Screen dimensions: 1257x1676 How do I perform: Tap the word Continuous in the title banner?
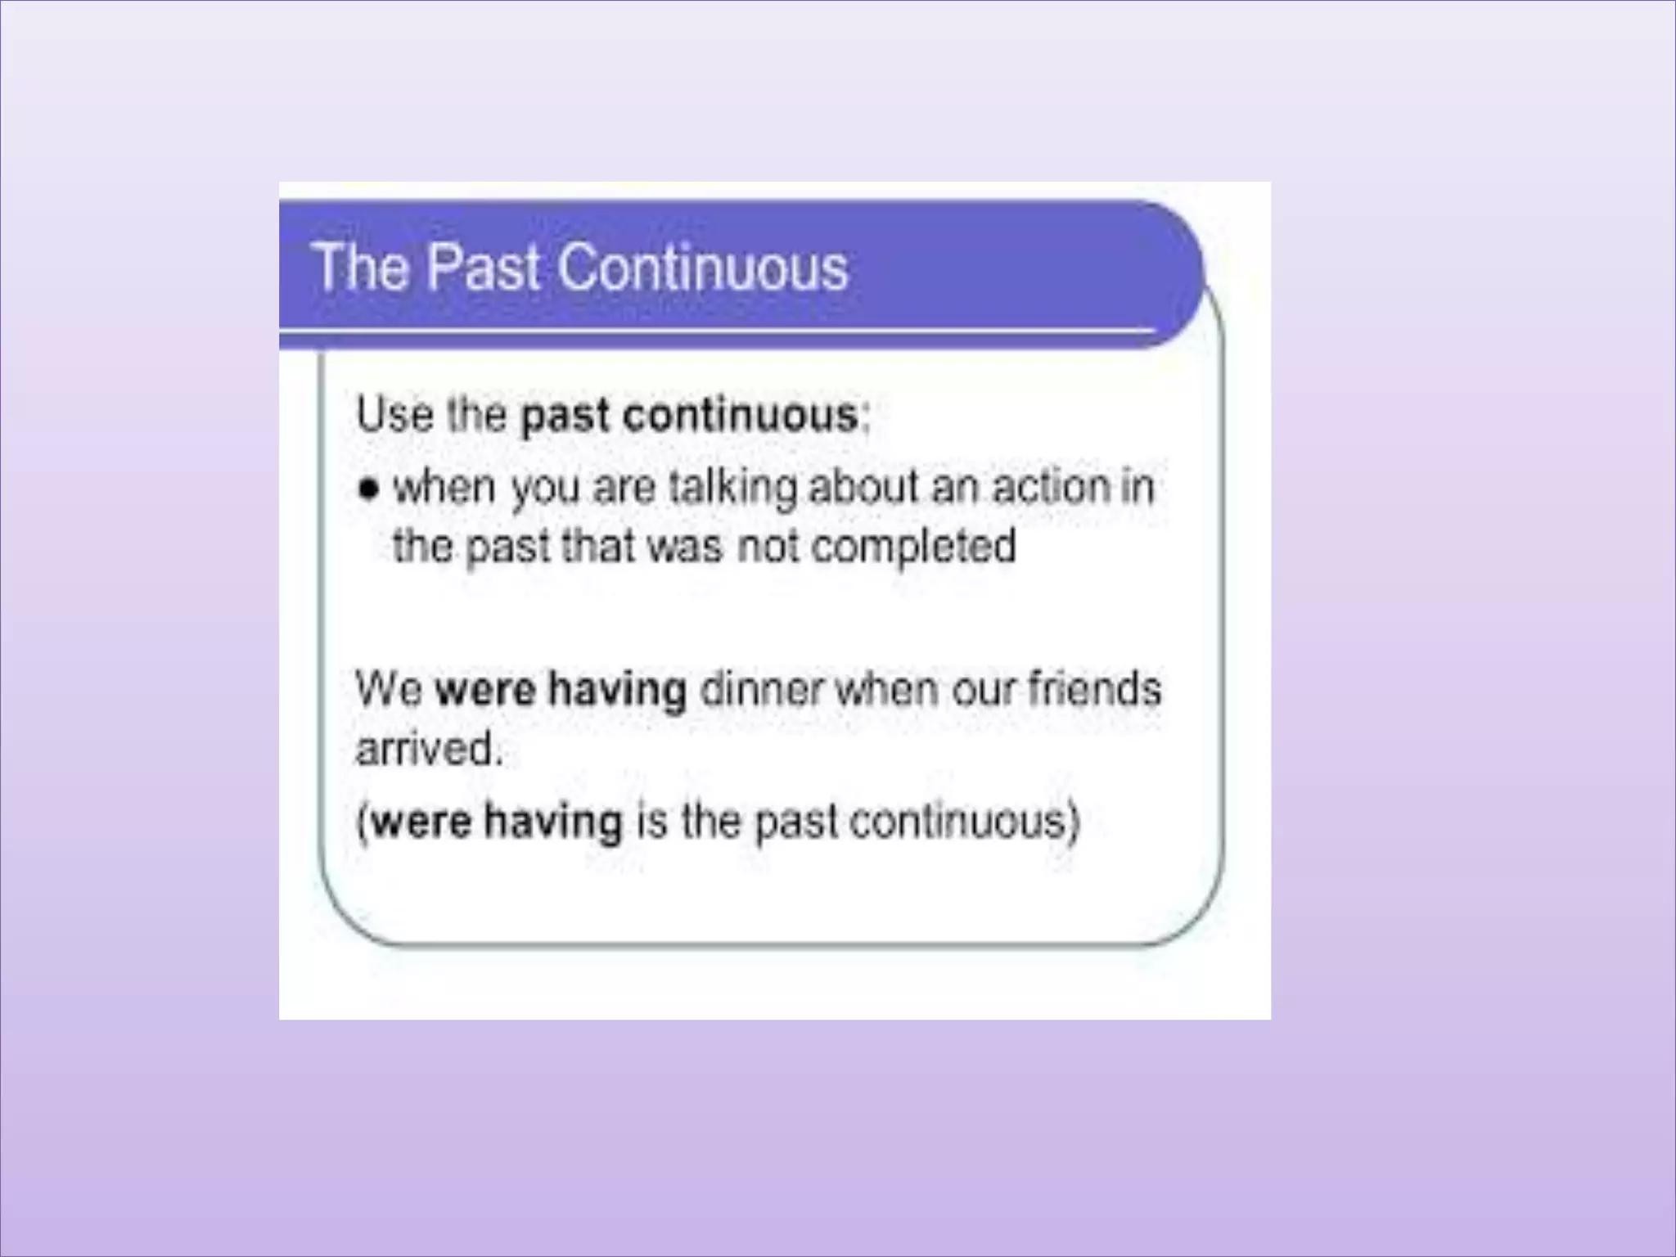point(704,268)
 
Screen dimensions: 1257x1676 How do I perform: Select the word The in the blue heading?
point(361,268)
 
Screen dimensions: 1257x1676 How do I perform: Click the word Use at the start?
point(394,414)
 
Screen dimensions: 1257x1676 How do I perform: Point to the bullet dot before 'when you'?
point(370,489)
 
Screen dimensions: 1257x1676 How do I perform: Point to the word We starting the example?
point(389,689)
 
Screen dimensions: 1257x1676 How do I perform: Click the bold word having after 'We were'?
point(617,689)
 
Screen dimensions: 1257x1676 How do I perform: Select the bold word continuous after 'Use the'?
point(741,415)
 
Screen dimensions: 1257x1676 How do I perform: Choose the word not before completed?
point(768,546)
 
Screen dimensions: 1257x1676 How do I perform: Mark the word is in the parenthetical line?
point(651,820)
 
